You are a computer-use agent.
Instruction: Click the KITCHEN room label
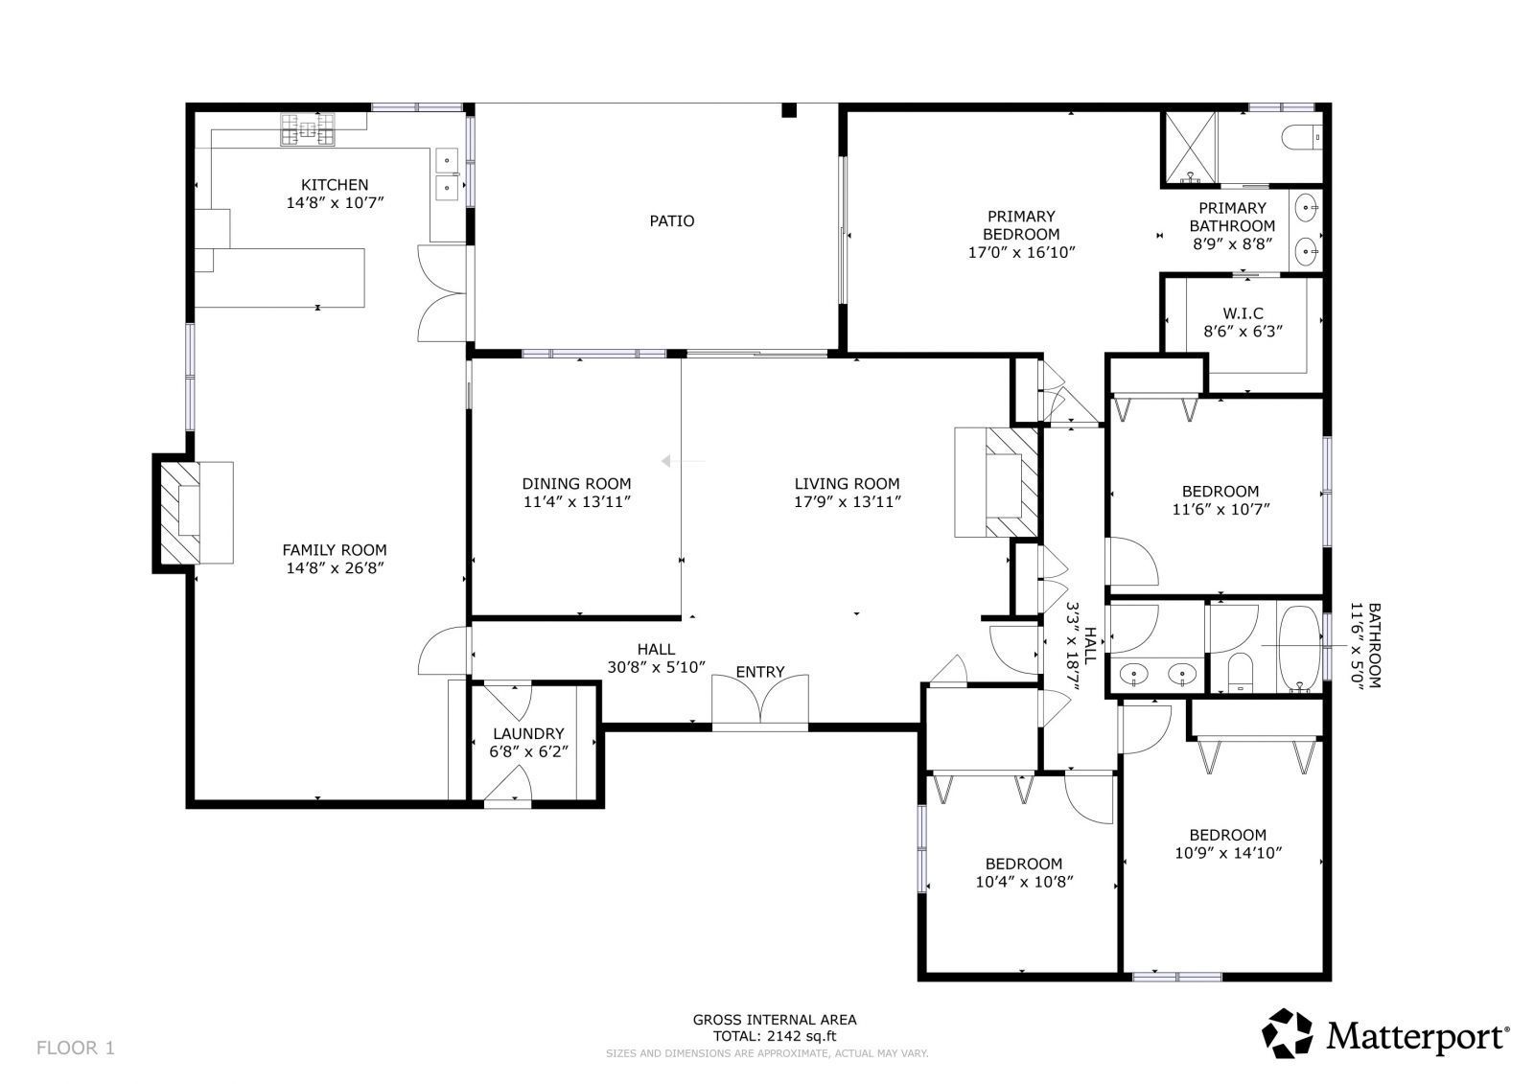click(335, 185)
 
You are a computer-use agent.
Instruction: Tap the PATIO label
click(672, 221)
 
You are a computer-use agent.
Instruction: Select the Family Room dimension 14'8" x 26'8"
click(335, 568)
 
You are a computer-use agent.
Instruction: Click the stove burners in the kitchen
click(308, 129)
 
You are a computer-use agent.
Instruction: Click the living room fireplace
click(996, 482)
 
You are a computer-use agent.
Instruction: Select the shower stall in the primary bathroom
click(1192, 148)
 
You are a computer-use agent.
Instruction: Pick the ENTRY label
click(760, 673)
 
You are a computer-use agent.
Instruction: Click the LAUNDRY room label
click(528, 734)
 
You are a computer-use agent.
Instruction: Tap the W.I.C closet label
click(1243, 313)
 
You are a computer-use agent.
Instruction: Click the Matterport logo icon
click(1288, 1033)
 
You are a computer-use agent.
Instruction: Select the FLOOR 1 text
click(76, 1048)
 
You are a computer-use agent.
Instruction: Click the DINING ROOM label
click(576, 484)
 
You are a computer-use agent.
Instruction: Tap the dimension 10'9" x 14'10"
click(1228, 853)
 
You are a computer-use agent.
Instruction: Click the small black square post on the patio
click(790, 110)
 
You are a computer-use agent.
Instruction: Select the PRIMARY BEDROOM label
click(1021, 225)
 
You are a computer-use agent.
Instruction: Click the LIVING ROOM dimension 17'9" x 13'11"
click(848, 502)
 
